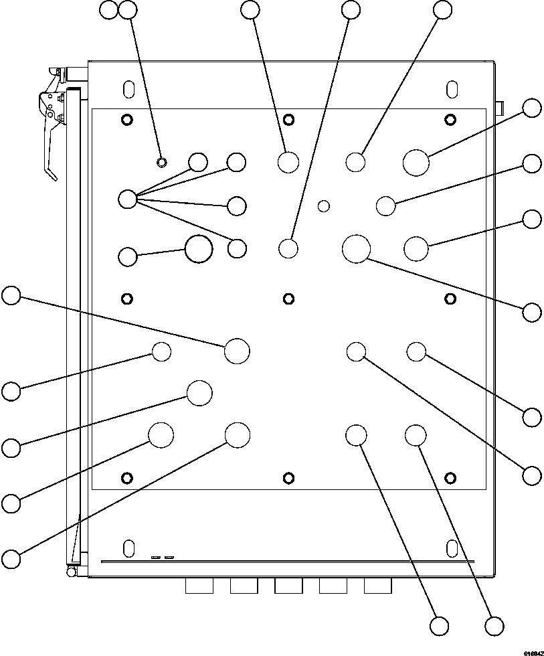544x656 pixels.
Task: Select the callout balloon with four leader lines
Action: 126,198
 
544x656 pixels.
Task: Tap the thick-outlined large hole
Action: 199,248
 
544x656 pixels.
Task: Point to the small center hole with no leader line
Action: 324,206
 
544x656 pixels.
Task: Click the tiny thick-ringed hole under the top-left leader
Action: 161,161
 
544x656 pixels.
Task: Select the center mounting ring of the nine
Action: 289,298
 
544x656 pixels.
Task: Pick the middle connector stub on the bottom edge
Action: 288,586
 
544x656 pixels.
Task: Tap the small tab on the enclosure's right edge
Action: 498,106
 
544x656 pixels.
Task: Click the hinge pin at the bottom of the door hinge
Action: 70,570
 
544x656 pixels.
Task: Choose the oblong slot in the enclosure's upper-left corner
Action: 128,89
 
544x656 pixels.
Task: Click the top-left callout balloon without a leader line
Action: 108,9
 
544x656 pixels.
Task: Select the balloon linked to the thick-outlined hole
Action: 126,256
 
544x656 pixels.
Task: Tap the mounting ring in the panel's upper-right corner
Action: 451,120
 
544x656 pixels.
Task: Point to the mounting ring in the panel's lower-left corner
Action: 127,477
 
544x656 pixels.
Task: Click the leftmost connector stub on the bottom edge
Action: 199,586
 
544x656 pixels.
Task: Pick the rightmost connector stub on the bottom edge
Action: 377,586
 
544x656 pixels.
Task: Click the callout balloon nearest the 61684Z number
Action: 494,626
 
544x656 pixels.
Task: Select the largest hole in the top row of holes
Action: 416,163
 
